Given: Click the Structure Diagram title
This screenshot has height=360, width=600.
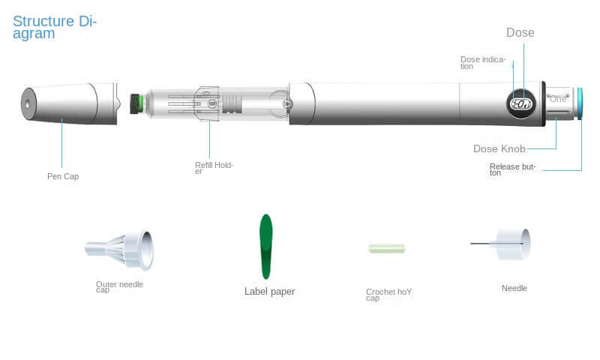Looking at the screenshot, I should pyautogui.click(x=55, y=27).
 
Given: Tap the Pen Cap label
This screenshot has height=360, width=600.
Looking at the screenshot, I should pyautogui.click(x=63, y=177).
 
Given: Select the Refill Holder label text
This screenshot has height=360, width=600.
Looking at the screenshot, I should pyautogui.click(x=214, y=168).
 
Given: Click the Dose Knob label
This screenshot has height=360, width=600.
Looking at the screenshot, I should pyautogui.click(x=499, y=148).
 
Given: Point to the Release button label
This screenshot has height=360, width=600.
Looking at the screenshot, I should pyautogui.click(x=512, y=169).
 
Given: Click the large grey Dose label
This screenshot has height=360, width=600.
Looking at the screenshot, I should pyautogui.click(x=520, y=32).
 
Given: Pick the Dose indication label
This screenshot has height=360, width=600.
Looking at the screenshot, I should pyautogui.click(x=482, y=62).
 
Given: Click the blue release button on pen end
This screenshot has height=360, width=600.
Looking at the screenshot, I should pyautogui.click(x=579, y=103).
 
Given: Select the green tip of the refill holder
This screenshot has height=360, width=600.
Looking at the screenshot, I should pyautogui.click(x=136, y=103).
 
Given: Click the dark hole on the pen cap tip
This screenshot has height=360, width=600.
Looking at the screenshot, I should pyautogui.click(x=28, y=102).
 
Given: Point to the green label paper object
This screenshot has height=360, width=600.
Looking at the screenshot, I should pyautogui.click(x=265, y=246).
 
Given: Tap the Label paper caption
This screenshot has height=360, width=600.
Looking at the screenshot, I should pyautogui.click(x=269, y=292).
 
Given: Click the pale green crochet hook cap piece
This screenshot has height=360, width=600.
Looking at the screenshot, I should pyautogui.click(x=386, y=248).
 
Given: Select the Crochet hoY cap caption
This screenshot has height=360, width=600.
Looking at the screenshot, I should pyautogui.click(x=388, y=295).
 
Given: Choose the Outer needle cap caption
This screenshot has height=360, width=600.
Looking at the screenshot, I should pyautogui.click(x=119, y=287).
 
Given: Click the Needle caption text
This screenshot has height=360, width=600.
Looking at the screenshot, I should pyautogui.click(x=514, y=289).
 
